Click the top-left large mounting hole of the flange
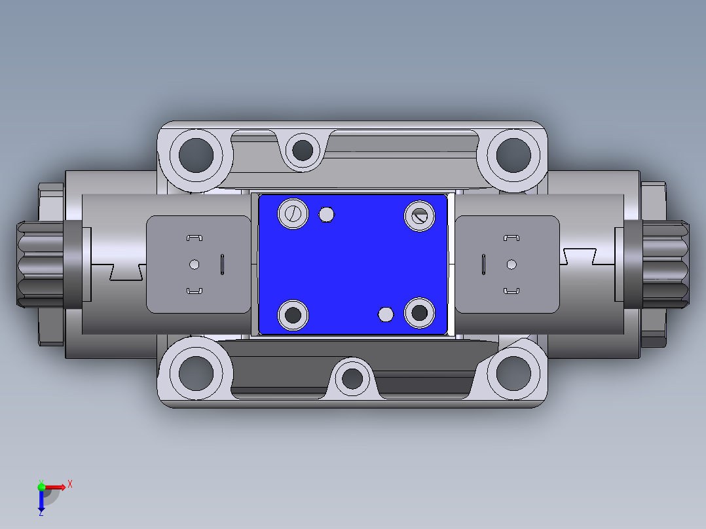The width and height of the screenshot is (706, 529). coord(196,155)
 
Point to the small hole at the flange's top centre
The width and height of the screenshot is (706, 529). coord(302,150)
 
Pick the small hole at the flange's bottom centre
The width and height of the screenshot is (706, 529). coord(353,378)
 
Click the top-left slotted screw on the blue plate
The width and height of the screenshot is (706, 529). coord(293,213)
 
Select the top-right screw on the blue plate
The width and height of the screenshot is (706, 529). coord(419,216)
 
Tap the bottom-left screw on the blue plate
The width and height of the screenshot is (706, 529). coord(293,315)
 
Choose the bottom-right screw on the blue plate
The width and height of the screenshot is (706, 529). coord(419,313)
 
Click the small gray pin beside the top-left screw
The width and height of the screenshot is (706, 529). coord(326,214)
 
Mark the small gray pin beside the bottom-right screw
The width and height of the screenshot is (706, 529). coord(386,315)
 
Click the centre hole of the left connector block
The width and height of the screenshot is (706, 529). coord(193,264)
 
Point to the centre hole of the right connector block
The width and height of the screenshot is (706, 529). coord(511,264)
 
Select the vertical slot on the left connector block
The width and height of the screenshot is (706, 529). coord(222,264)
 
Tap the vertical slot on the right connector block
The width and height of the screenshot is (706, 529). coord(483,264)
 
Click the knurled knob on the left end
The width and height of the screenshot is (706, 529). coord(39,264)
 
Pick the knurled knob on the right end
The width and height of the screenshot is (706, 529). coord(667,264)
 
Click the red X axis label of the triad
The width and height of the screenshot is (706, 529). coord(70,484)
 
